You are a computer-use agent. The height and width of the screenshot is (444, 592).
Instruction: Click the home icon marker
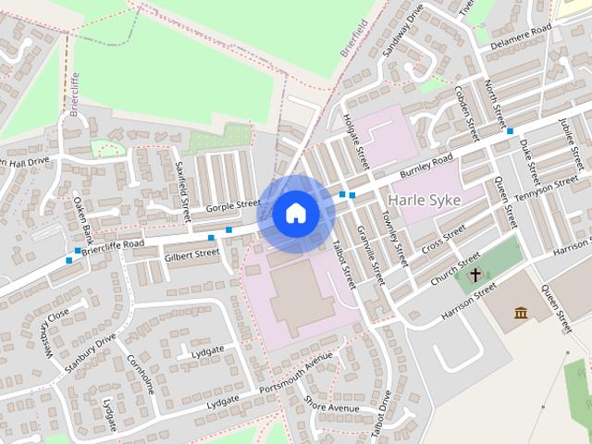click(x=295, y=214)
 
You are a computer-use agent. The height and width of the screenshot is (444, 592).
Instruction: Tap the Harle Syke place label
click(x=425, y=200)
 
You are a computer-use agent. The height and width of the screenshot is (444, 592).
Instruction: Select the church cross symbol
click(x=475, y=275)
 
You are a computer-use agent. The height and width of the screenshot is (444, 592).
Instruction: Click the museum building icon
click(x=521, y=313)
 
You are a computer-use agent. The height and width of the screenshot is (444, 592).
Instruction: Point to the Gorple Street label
click(x=234, y=204)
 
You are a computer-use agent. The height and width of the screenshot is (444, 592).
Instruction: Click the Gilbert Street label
click(x=191, y=253)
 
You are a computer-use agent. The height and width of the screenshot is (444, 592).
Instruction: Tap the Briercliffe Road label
click(x=113, y=245)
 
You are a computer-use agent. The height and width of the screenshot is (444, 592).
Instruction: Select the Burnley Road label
click(x=426, y=166)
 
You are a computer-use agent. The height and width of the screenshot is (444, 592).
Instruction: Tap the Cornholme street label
click(x=142, y=373)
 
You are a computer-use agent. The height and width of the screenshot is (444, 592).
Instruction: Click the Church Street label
click(x=455, y=268)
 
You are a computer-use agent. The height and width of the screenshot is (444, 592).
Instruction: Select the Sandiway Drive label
click(x=401, y=30)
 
